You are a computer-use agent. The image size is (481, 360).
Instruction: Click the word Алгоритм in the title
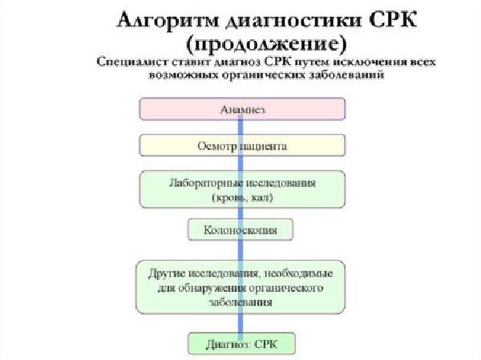168,21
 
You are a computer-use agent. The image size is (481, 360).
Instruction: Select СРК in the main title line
393,19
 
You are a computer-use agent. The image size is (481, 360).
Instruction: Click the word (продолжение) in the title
266,44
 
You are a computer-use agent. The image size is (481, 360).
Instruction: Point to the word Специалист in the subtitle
132,63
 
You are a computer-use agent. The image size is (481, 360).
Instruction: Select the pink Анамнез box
242,109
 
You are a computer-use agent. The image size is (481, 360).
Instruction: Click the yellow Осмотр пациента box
242,145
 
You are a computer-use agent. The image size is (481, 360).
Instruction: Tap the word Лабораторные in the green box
204,184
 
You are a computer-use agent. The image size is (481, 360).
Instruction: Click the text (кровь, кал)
242,197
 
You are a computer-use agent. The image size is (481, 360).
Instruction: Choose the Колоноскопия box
240,229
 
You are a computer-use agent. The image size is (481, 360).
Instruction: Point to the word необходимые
298,273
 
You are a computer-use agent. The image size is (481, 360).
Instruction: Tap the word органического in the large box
285,288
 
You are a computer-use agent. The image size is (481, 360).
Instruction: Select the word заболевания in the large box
240,302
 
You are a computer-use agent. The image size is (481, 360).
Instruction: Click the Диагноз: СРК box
242,344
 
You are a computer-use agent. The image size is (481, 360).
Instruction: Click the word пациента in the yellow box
263,146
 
